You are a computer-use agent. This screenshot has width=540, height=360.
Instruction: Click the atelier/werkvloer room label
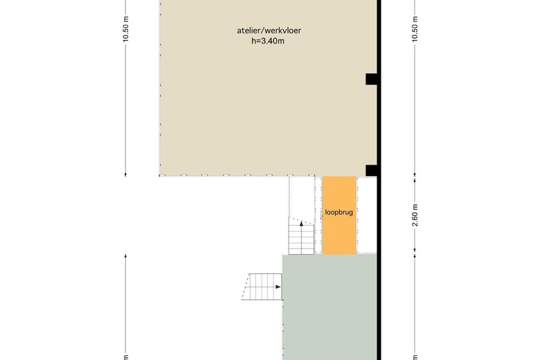[269, 30]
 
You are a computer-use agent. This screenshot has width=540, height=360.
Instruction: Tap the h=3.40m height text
[268, 41]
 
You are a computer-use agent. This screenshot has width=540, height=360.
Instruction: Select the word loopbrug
[339, 213]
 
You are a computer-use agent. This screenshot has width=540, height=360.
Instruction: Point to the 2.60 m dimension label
[415, 215]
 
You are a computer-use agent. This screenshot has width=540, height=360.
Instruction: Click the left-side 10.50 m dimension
[126, 29]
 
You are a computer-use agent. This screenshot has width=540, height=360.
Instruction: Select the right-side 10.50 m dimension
[415, 29]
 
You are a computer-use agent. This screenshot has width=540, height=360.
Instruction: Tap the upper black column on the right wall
[372, 79]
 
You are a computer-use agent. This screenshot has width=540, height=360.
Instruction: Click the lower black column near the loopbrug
[371, 170]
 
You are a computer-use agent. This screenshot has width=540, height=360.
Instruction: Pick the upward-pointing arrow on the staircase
[301, 223]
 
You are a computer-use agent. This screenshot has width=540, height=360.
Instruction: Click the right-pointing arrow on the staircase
[278, 287]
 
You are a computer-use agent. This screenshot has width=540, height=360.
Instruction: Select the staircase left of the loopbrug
[301, 236]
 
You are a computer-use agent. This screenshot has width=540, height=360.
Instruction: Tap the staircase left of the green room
[262, 287]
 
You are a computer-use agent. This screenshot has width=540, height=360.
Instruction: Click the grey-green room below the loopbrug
[330, 307]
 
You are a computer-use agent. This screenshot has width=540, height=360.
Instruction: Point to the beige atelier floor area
[268, 103]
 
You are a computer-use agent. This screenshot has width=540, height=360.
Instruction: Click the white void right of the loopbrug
[367, 215]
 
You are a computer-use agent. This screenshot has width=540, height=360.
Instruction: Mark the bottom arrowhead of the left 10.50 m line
[126, 174]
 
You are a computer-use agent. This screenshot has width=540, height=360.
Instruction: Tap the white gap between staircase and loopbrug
[318, 215]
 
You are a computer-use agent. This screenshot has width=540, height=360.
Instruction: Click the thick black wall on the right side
[379, 180]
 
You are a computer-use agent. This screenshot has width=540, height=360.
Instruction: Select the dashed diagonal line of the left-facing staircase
[246, 287]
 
